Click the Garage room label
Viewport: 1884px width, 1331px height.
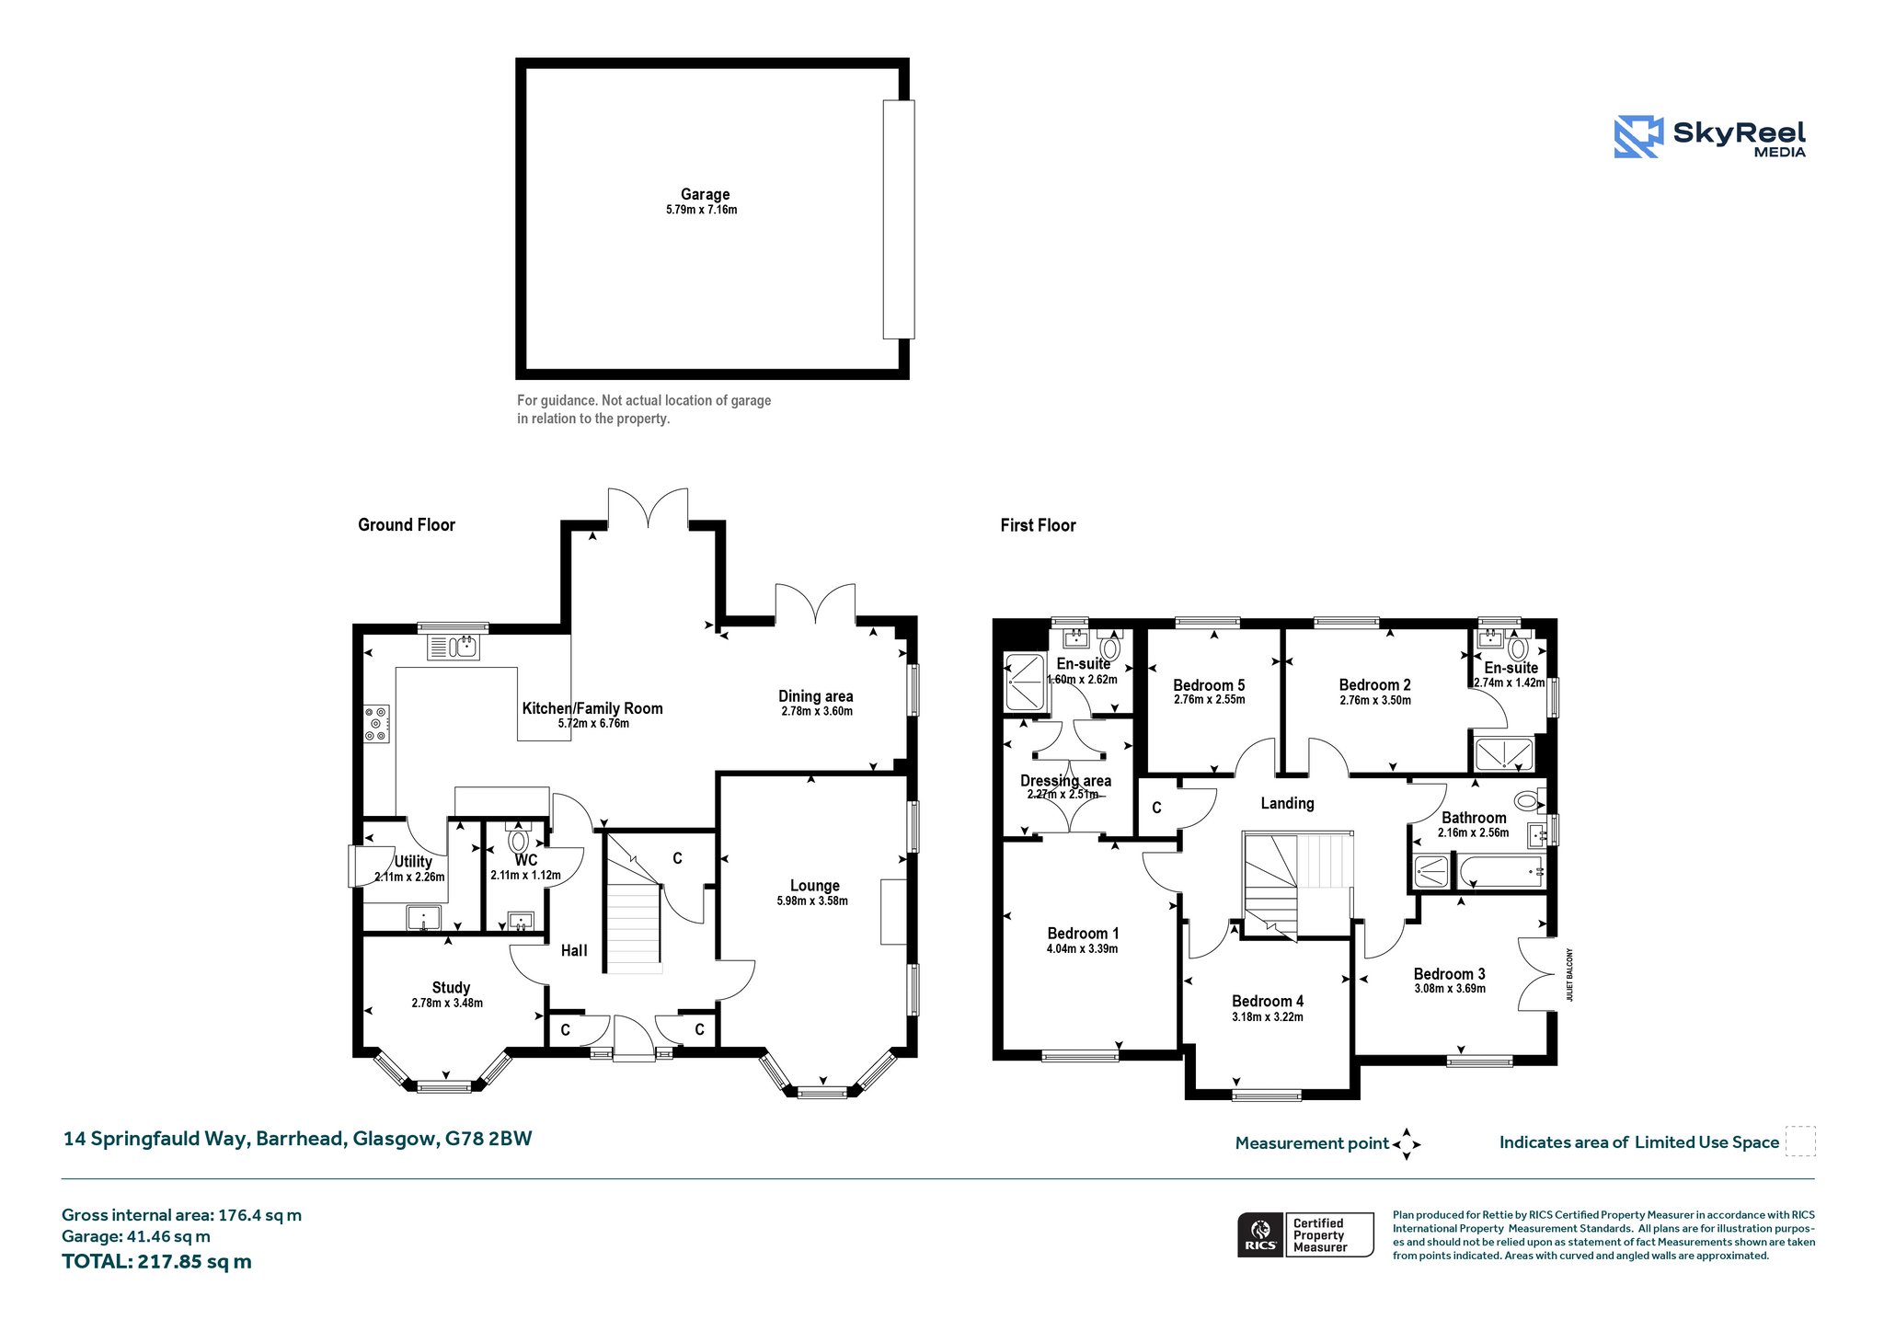pyautogui.click(x=705, y=194)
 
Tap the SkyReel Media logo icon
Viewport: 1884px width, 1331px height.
pyautogui.click(x=1638, y=136)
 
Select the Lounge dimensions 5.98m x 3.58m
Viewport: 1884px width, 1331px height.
pyautogui.click(x=812, y=901)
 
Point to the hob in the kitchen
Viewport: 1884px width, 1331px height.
pyautogui.click(x=377, y=723)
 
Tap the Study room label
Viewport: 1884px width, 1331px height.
pyautogui.click(x=451, y=987)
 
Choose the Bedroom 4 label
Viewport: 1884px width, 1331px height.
pyautogui.click(x=1268, y=1001)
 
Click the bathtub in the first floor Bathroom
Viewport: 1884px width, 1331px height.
pyautogui.click(x=1499, y=871)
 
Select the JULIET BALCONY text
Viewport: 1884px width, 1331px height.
pyautogui.click(x=1570, y=975)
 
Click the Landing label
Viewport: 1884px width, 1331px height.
pyautogui.click(x=1287, y=803)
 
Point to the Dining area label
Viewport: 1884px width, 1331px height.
pyautogui.click(x=816, y=696)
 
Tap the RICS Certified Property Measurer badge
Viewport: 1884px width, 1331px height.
pyautogui.click(x=1305, y=1234)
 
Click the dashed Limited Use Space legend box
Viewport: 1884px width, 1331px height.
pyautogui.click(x=1800, y=1141)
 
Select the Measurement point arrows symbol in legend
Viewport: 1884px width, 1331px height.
pyautogui.click(x=1407, y=1144)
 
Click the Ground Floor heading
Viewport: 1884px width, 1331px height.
pyautogui.click(x=407, y=524)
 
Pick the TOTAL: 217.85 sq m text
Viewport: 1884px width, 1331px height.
pyautogui.click(x=156, y=1261)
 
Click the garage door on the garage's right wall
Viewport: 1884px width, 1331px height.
pyautogui.click(x=899, y=219)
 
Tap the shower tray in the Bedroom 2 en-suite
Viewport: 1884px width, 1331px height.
pyautogui.click(x=1504, y=754)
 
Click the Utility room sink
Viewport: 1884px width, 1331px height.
pyautogui.click(x=424, y=918)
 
